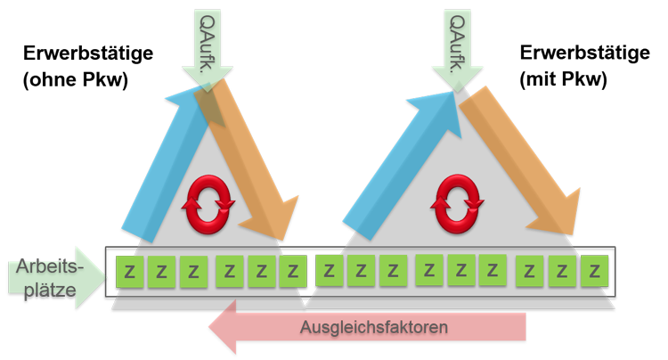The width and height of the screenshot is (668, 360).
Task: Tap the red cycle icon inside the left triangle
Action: click(x=208, y=204)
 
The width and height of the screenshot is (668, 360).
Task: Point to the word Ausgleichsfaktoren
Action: click(x=374, y=327)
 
